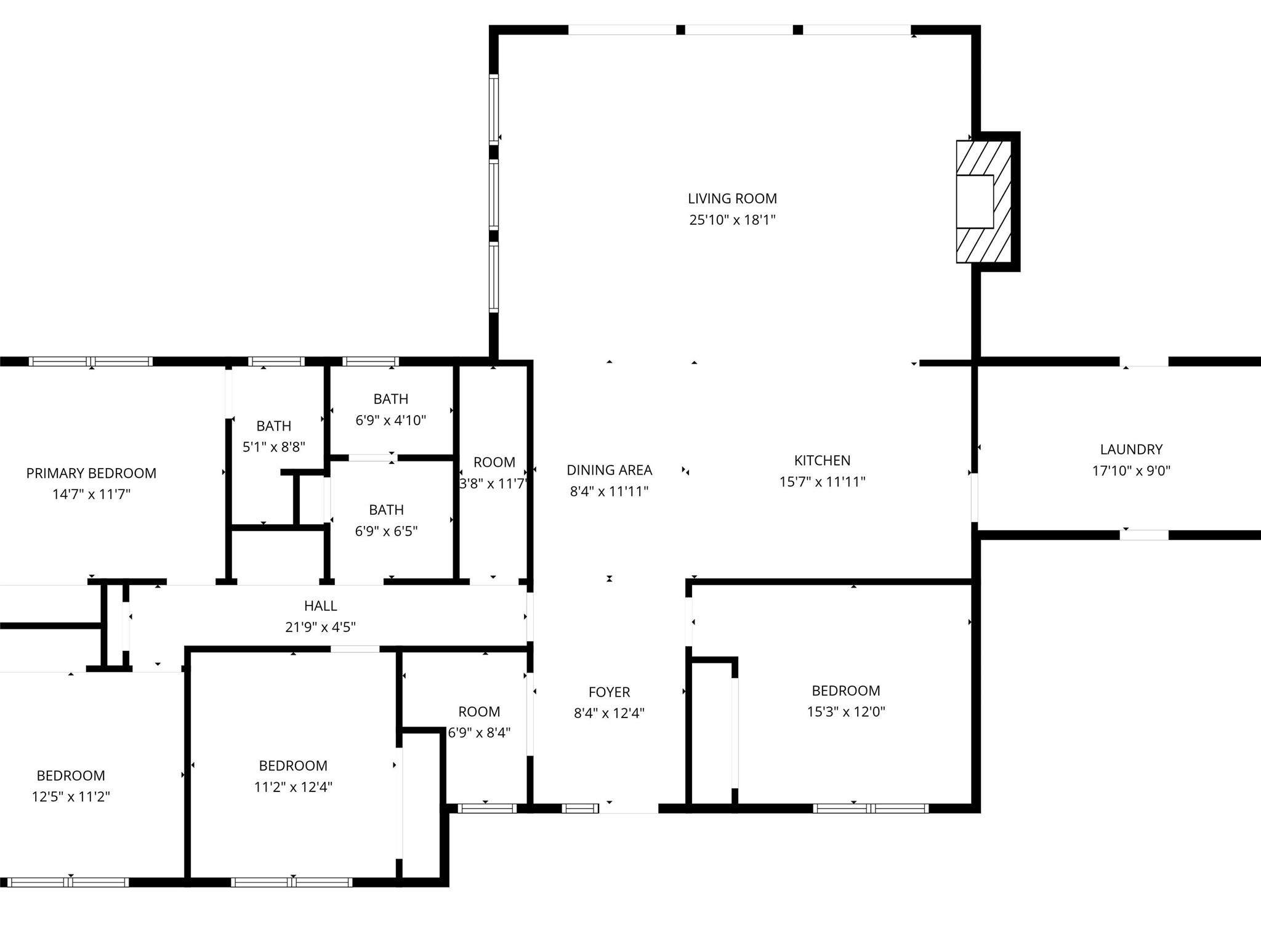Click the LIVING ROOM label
[732, 198]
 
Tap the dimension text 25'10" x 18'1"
[732, 220]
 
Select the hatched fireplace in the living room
[983, 201]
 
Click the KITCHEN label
[822, 460]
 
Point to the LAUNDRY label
[1131, 450]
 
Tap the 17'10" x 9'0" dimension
[1131, 471]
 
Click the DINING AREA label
[609, 470]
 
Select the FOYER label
[609, 692]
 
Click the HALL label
[320, 605]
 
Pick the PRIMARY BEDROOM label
[91, 473]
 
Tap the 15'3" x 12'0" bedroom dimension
[846, 712]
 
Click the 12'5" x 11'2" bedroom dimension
[71, 797]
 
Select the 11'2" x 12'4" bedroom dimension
[293, 787]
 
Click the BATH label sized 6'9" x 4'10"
[390, 399]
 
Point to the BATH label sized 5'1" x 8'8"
[273, 426]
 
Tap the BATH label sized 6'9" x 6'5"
[386, 510]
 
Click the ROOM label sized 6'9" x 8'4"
[479, 712]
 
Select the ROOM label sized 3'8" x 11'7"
[494, 463]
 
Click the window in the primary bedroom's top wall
[91, 362]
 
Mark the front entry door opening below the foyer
[629, 809]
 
